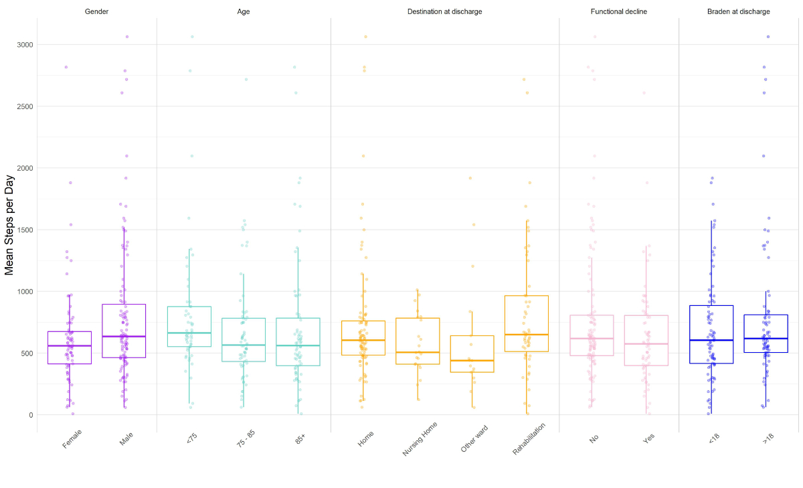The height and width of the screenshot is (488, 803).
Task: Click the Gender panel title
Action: (x=97, y=11)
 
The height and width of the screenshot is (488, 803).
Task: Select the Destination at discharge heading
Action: (x=444, y=11)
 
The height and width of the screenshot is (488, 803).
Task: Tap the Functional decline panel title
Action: (x=619, y=11)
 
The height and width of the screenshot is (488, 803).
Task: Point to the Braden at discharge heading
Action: (x=739, y=11)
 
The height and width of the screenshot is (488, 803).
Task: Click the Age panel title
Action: (x=244, y=11)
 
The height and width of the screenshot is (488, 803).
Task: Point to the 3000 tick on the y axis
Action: (x=25, y=45)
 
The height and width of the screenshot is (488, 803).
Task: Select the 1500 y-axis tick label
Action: (x=25, y=230)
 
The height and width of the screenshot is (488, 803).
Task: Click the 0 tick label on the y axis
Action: (x=30, y=415)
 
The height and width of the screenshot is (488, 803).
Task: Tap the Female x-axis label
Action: (x=72, y=440)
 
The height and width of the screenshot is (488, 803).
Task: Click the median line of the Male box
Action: (x=124, y=336)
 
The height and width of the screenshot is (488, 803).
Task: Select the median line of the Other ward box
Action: (x=472, y=361)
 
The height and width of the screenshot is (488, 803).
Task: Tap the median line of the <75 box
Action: (x=189, y=333)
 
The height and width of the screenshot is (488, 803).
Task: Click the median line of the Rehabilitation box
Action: (x=527, y=334)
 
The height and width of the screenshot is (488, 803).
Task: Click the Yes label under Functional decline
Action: (x=648, y=438)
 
